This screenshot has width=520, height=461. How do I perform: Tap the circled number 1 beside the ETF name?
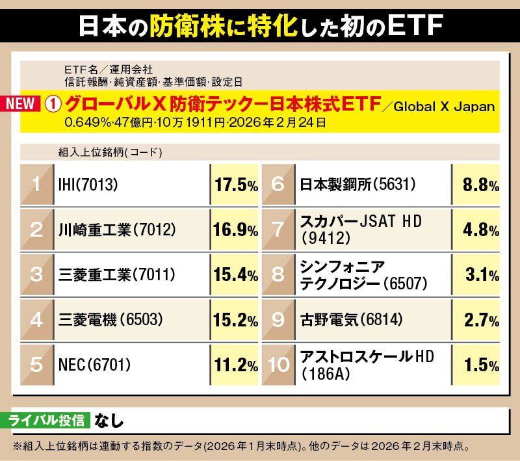pos(55,105)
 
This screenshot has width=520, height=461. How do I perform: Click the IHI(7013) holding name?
pos(87,185)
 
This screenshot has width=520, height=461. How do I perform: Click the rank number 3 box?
pos(36,274)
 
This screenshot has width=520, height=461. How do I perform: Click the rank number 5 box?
pos(36,364)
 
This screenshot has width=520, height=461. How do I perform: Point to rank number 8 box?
pos(278,274)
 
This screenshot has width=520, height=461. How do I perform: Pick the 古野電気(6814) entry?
pos(351,319)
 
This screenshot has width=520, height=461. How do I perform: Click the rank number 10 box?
pos(278,364)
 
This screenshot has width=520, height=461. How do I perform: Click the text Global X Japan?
pos(443,107)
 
